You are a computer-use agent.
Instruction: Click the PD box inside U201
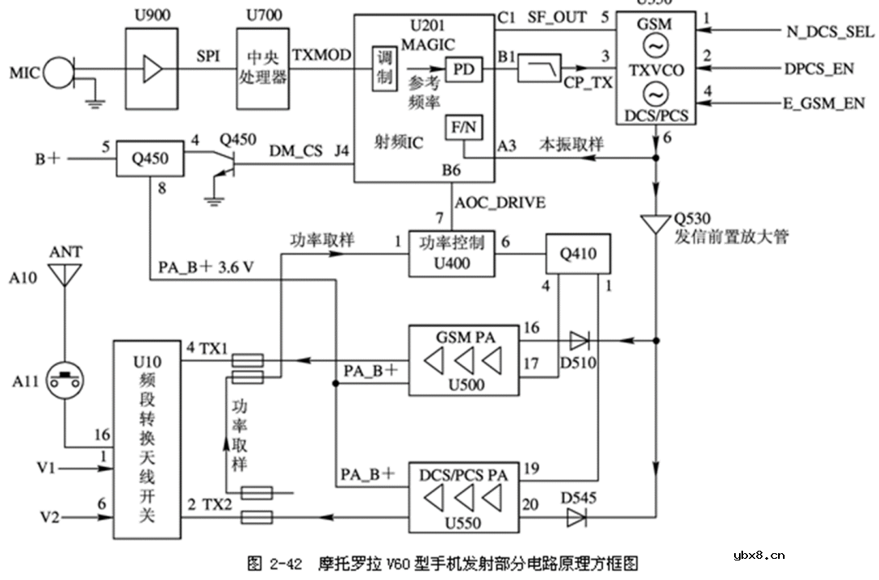pyautogui.click(x=463, y=71)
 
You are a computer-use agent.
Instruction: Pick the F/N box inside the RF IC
pyautogui.click(x=463, y=128)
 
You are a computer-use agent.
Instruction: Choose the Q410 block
pyautogui.click(x=578, y=254)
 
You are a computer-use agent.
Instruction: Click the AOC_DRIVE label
pyautogui.click(x=501, y=203)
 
